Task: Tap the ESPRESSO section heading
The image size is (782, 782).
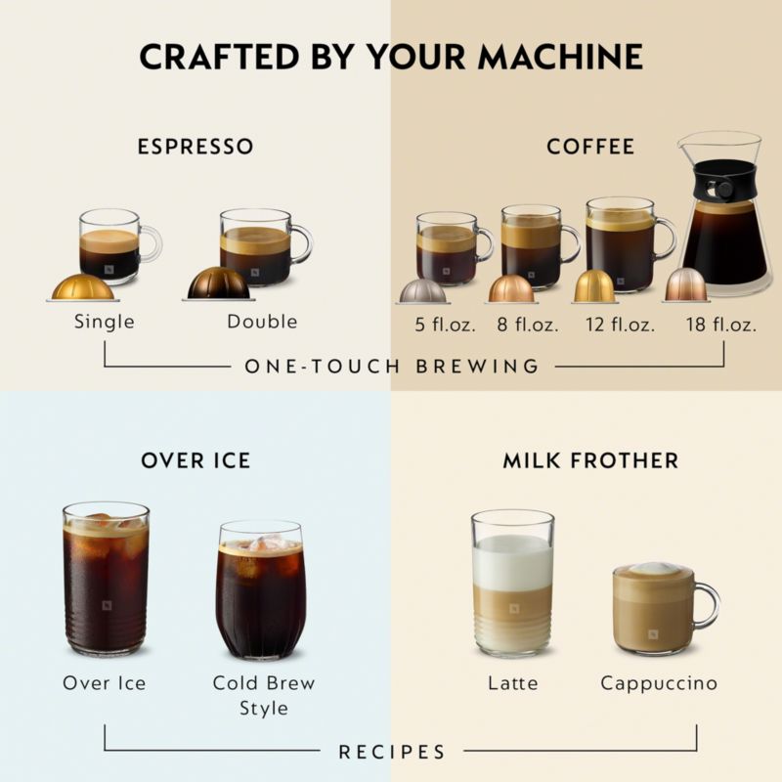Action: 195,147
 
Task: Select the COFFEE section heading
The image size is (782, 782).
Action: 590,147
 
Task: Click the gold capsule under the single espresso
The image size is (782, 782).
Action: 82,287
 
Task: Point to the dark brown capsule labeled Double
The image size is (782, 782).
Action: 219,283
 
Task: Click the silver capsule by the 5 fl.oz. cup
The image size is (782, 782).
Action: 422,290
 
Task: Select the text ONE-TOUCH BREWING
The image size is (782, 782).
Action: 391,367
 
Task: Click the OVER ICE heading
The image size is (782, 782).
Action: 195,459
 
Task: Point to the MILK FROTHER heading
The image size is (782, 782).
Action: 590,459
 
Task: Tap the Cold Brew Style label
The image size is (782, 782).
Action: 264,694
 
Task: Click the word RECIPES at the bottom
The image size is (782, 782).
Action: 391,752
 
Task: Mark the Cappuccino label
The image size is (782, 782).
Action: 659,682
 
